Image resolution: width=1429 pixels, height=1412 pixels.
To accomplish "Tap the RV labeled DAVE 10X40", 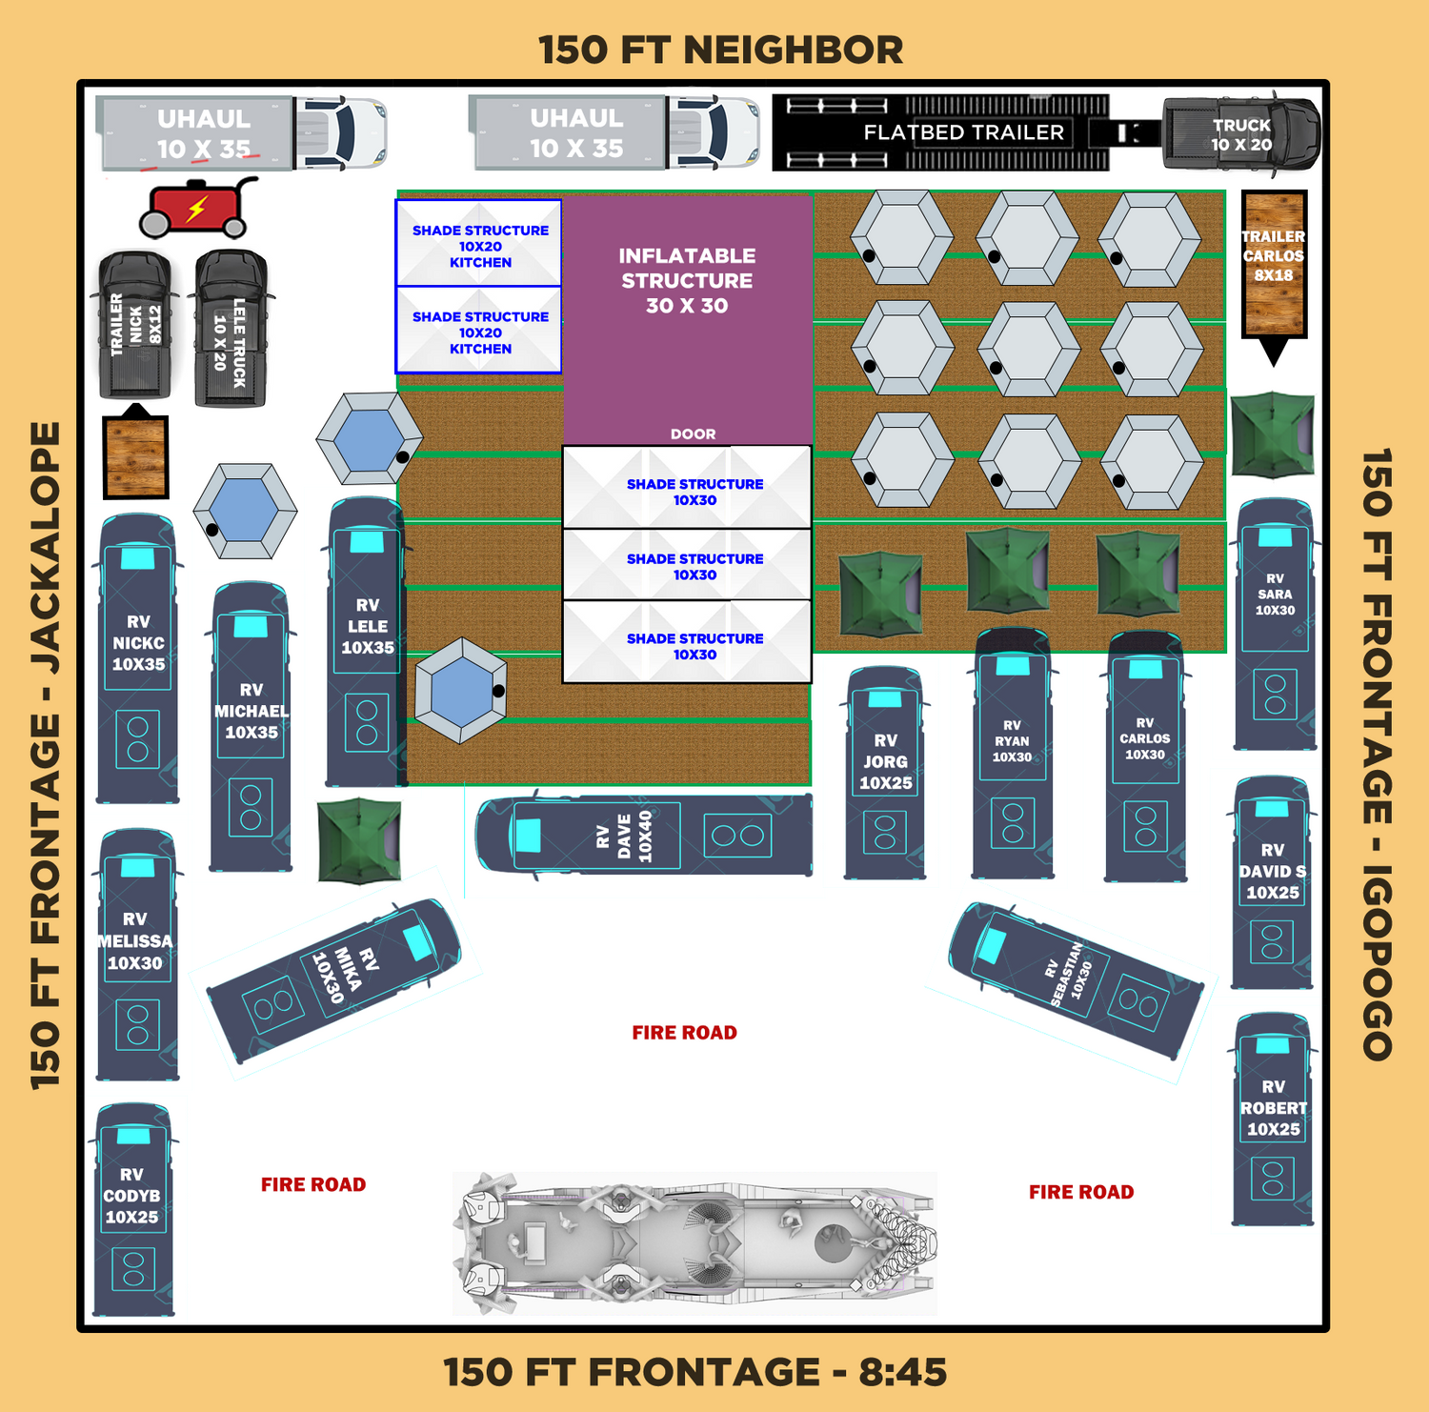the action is click(x=644, y=836).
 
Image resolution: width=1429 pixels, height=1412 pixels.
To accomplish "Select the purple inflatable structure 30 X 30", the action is click(x=687, y=320).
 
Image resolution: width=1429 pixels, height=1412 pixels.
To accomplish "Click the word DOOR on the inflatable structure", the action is click(x=693, y=434).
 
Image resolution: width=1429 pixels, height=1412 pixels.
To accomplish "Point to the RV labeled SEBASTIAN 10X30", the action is click(x=1077, y=981).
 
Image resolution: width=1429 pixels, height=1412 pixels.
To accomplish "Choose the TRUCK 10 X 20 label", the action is click(x=1241, y=134).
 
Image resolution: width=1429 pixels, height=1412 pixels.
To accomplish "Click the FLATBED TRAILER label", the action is click(x=963, y=132).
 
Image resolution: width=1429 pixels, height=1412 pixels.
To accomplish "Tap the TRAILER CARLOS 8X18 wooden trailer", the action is click(x=1274, y=264).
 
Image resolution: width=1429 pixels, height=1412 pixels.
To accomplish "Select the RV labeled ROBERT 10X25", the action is click(x=1273, y=1119).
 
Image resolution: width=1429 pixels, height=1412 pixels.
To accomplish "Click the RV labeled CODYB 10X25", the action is click(x=133, y=1210).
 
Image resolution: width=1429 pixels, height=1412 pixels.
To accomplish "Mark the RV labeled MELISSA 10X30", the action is click(x=137, y=954).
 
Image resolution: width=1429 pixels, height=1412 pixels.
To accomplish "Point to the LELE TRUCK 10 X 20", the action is click(x=231, y=329).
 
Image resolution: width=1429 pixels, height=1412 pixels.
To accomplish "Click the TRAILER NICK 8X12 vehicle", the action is click(x=135, y=325).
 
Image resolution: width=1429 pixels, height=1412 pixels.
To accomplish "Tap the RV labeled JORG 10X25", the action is click(x=885, y=773).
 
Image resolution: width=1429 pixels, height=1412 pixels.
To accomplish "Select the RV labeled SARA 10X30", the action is click(x=1275, y=624).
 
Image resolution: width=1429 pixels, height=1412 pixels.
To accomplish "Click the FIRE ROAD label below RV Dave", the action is click(x=685, y=1033).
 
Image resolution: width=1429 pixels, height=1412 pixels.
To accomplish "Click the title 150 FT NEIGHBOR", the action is click(x=720, y=50).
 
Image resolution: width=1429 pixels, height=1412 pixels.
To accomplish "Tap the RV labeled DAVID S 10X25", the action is click(x=1273, y=882).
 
